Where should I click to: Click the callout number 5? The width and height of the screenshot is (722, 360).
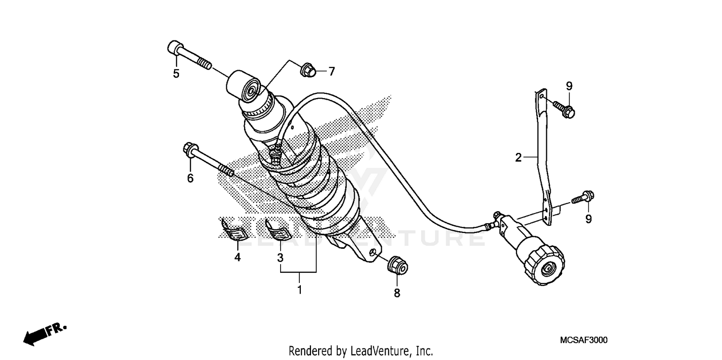point(176,74)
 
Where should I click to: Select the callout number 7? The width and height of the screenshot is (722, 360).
point(331,72)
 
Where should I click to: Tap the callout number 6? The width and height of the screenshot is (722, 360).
point(190,179)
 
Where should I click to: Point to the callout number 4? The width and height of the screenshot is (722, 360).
point(237,257)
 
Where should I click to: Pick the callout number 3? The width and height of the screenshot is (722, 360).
point(280,257)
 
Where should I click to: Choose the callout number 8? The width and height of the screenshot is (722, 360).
point(397,293)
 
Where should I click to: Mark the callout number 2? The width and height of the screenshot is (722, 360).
point(518,157)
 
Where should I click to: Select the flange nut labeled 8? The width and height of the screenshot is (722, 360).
point(398,265)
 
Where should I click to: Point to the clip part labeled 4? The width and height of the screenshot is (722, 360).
point(233,229)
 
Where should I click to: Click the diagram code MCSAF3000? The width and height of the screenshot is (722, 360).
point(583,340)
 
